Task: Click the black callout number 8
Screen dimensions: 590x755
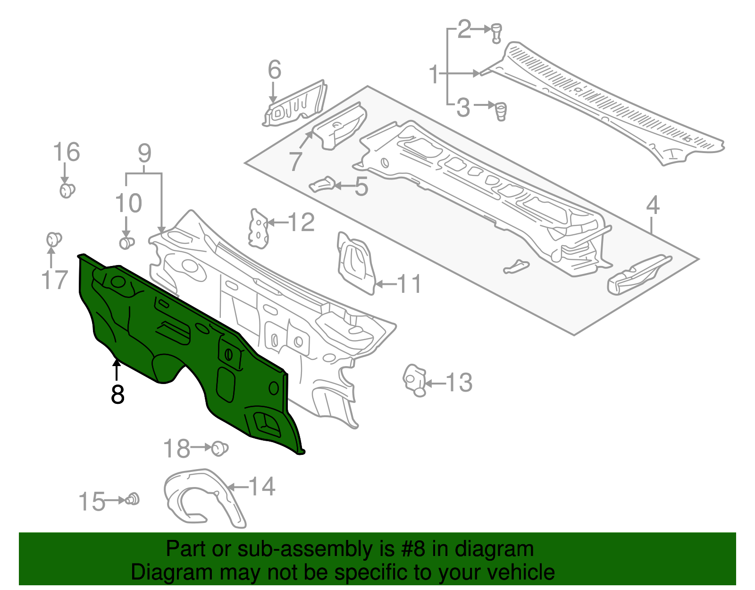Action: coord(117,395)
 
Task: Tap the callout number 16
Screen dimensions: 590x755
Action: coord(67,153)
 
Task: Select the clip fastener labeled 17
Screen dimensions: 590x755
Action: coord(53,239)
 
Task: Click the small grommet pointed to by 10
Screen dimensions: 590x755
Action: coord(126,243)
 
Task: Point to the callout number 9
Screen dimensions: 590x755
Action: coord(144,154)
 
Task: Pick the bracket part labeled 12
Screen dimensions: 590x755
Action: coord(258,229)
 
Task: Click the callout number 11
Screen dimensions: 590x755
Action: coord(409,284)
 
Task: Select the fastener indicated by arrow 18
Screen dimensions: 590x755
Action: coord(218,448)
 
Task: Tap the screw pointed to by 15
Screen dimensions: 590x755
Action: coord(133,499)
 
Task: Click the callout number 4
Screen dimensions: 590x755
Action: coord(653,205)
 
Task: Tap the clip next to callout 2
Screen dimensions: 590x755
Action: coord(496,32)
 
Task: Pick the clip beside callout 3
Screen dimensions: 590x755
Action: coord(500,111)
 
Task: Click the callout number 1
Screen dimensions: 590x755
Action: coord(434,75)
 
